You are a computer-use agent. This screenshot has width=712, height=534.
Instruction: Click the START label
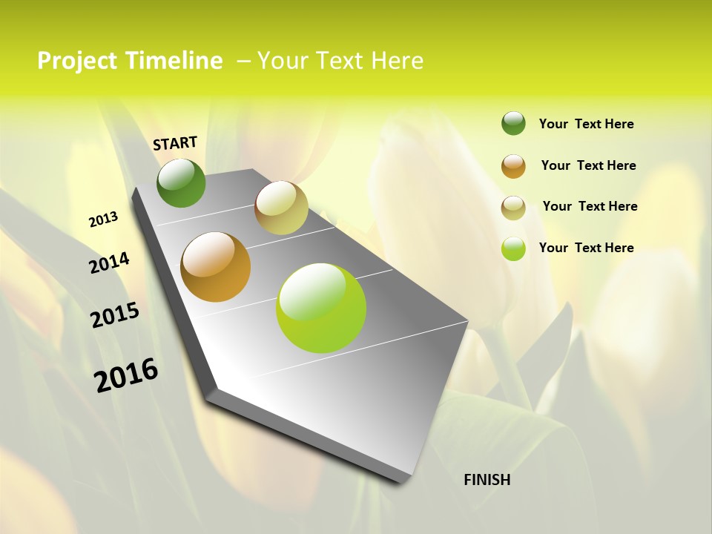(175, 143)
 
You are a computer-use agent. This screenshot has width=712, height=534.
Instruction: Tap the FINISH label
(487, 480)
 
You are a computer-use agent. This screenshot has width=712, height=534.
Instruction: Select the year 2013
(103, 220)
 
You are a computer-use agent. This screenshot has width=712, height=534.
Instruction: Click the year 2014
(109, 263)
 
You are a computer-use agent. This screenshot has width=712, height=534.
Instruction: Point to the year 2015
(114, 315)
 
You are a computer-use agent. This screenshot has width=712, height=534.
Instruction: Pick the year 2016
(126, 375)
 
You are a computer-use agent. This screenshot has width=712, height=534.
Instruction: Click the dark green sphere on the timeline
(181, 182)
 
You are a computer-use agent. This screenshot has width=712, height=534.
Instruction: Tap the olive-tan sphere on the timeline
(281, 208)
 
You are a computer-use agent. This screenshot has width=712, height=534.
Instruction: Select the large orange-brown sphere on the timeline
(216, 267)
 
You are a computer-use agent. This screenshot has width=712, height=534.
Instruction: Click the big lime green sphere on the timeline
(321, 308)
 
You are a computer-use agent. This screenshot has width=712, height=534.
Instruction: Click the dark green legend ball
(513, 123)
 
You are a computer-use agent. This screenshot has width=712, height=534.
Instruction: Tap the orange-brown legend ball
(513, 166)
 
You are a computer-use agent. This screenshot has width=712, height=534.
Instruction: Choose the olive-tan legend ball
(513, 208)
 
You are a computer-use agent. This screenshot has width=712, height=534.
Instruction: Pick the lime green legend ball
(513, 248)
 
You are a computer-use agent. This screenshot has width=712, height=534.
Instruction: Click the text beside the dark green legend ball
(586, 124)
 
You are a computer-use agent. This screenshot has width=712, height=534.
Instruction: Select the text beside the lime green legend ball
(586, 248)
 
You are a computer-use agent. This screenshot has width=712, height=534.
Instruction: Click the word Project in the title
(76, 61)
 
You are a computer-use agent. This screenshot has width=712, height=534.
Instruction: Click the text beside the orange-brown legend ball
(588, 165)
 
